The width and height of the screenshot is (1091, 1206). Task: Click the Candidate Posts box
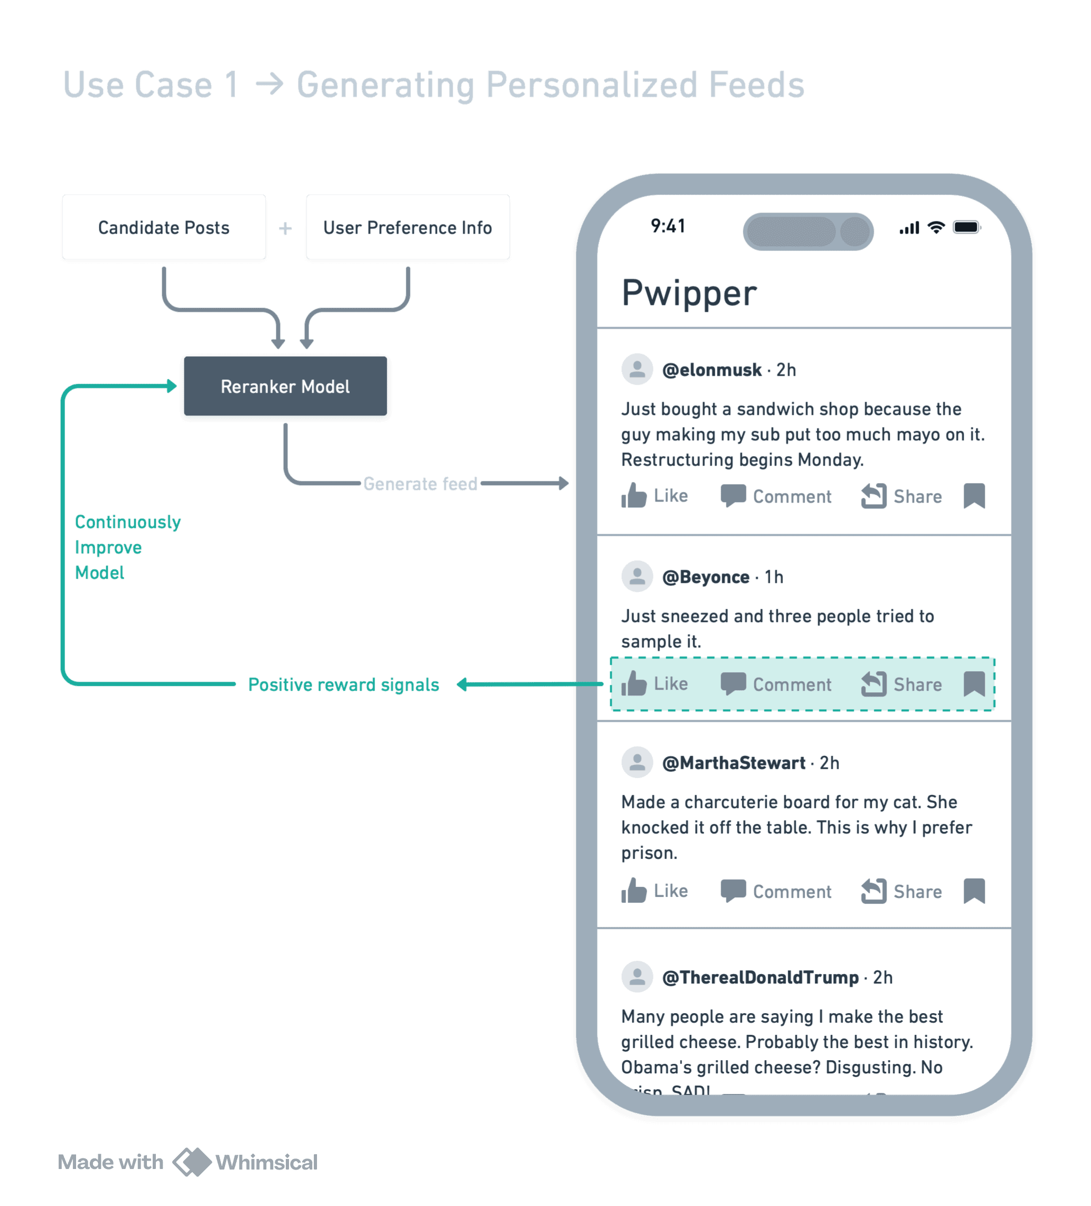point(164,227)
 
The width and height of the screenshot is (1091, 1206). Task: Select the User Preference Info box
point(407,227)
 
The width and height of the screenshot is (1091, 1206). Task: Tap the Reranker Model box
point(285,387)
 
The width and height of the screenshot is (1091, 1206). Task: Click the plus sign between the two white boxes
point(285,228)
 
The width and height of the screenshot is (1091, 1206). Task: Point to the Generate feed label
point(420,484)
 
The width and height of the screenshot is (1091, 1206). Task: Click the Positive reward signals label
point(343,684)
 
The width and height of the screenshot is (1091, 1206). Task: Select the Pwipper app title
point(689,293)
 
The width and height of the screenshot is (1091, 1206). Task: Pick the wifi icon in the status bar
point(936,227)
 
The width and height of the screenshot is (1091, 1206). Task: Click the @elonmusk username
point(712,370)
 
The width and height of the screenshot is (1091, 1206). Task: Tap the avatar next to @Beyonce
point(637,577)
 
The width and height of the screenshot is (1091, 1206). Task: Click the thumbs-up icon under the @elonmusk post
point(633,495)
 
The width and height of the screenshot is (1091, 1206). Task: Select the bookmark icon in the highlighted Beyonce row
point(974,683)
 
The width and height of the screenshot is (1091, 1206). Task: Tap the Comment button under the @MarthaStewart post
point(776,892)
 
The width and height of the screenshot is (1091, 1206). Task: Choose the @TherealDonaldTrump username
point(760,978)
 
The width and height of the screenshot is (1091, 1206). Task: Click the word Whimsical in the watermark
point(266,1162)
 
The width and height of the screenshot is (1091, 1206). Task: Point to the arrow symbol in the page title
point(268,85)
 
